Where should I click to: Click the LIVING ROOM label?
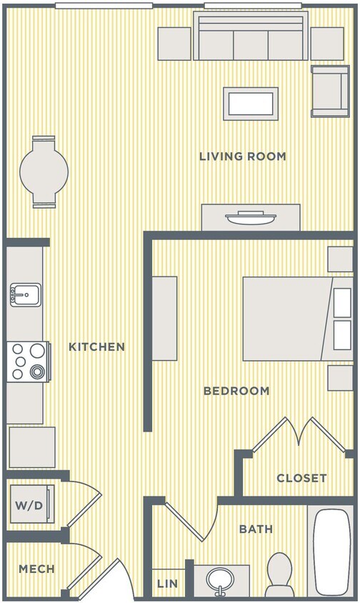pos(242,156)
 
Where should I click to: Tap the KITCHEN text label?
pos(96,347)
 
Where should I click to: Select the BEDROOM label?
pos(236,391)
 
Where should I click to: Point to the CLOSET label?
pos(301,478)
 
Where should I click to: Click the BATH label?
pos(256,529)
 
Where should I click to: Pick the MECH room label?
pos(36,569)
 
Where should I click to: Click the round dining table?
pos(44,171)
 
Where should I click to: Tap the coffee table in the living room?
pos(250,104)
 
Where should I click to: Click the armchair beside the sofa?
pos(329,91)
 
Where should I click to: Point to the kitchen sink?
pos(25,294)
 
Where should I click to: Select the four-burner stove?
pos(27,361)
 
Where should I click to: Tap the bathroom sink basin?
pos(221,579)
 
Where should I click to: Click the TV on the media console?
pos(251,216)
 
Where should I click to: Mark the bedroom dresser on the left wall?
pos(165,319)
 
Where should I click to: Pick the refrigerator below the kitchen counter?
pos(31,447)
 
